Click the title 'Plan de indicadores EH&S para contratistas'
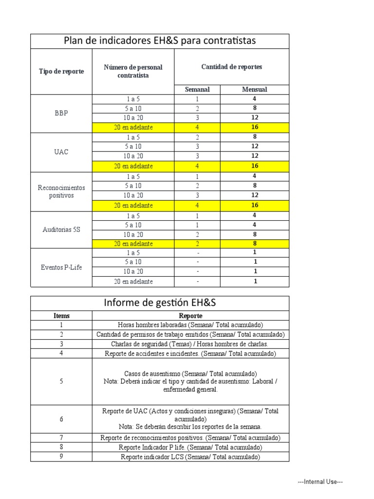tap(160, 41)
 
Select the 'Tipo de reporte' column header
tap(61, 71)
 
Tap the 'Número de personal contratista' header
tap(133, 71)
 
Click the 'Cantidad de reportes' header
tap(231, 67)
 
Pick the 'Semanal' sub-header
tap(197, 89)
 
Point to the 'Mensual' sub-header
tap(254, 89)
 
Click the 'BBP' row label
tap(61, 113)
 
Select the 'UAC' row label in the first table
tap(61, 152)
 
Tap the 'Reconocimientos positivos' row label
tap(61, 192)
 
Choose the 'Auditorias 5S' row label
tap(61, 230)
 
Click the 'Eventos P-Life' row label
tap(61, 268)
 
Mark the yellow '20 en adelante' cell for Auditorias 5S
tap(133, 244)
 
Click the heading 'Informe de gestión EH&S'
tap(160, 303)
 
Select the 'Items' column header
tap(61, 316)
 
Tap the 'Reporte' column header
tap(190, 316)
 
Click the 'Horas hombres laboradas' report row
tap(190, 325)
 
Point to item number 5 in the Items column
tap(61, 382)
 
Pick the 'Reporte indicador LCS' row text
tap(190, 457)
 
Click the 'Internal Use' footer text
tap(320, 482)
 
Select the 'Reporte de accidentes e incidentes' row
tap(190, 353)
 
